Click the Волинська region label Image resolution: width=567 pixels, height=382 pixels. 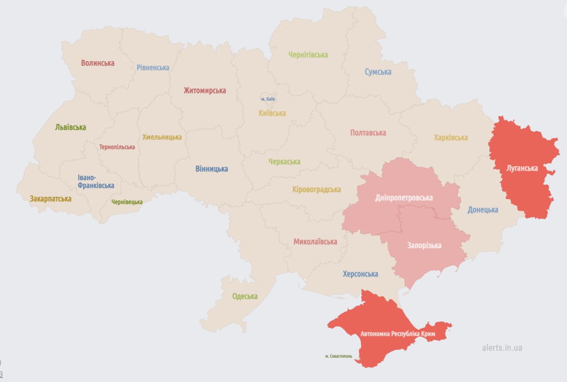click(x=97, y=63)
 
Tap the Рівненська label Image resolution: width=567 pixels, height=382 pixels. click(x=153, y=68)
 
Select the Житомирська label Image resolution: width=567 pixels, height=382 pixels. click(x=205, y=90)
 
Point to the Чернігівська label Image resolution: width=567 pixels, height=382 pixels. click(x=308, y=55)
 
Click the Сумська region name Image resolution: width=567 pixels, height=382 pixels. click(x=378, y=72)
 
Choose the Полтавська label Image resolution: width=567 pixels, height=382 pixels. click(x=368, y=133)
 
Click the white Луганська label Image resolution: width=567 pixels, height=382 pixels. click(x=522, y=168)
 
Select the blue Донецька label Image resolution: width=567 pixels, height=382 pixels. click(x=482, y=210)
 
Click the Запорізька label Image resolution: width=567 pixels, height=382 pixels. click(x=424, y=245)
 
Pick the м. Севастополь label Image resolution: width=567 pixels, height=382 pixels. click(x=338, y=356)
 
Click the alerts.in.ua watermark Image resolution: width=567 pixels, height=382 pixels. click(x=502, y=347)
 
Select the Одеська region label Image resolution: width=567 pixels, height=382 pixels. click(x=245, y=296)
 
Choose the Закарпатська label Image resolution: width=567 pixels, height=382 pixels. click(x=50, y=199)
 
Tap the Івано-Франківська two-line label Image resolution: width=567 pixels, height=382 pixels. click(x=96, y=182)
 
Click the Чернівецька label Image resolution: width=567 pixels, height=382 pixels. click(x=127, y=202)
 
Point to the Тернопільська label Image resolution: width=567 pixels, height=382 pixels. click(x=117, y=147)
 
